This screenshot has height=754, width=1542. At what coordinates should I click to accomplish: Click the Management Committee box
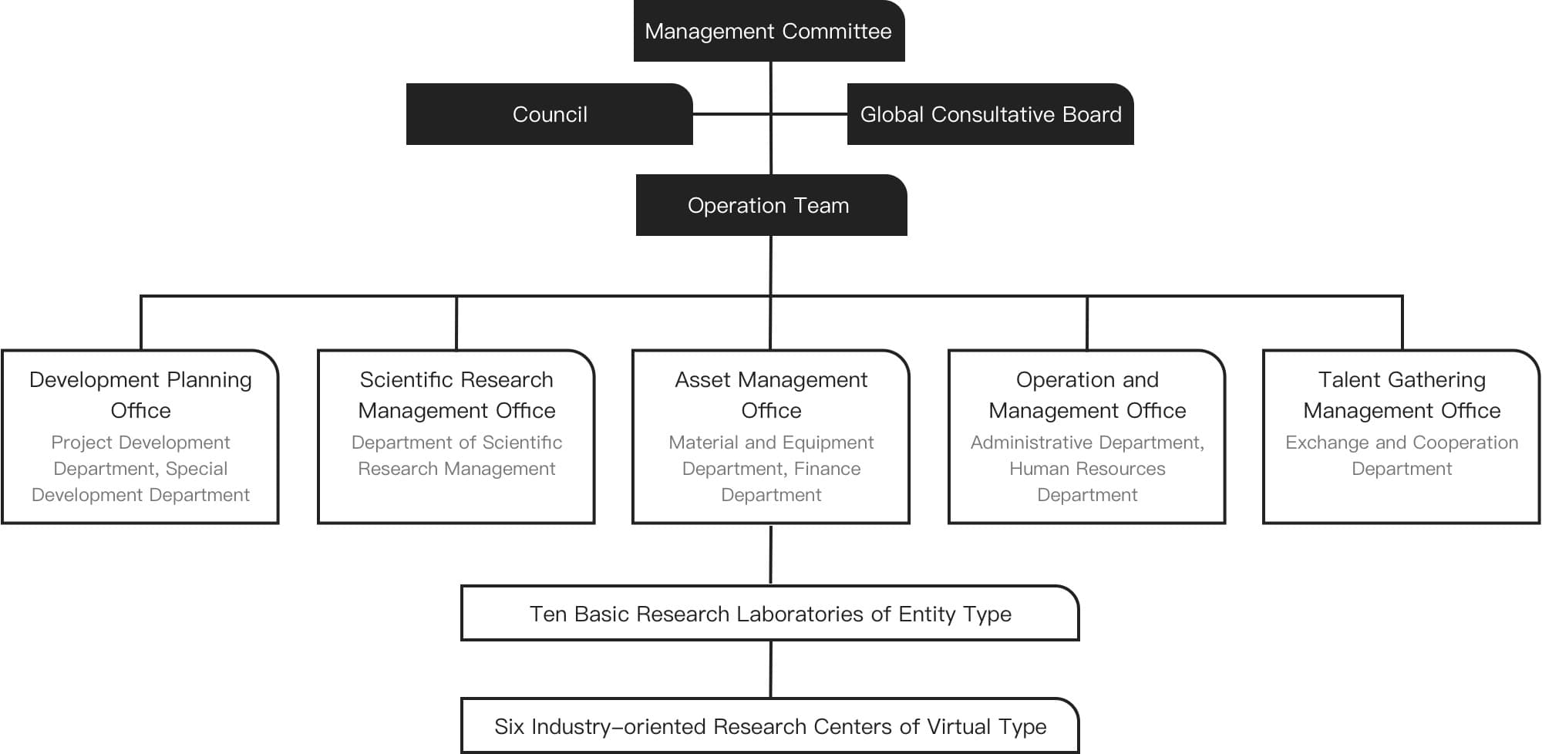(769, 31)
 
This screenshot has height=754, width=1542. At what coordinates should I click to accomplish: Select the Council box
(549, 114)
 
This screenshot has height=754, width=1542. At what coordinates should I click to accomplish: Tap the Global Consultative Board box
(990, 114)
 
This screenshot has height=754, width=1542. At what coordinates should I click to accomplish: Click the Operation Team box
(771, 205)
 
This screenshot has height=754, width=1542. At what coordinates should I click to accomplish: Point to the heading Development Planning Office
(140, 395)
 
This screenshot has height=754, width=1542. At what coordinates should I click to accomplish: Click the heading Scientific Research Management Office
(456, 395)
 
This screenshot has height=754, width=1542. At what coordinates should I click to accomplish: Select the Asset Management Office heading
(771, 395)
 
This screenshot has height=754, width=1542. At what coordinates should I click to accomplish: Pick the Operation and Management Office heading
(1087, 395)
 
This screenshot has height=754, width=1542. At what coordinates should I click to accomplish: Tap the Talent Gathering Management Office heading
(1402, 395)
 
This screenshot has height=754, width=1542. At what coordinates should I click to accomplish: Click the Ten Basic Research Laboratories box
(770, 613)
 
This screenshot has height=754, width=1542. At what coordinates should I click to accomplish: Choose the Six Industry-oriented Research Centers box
(770, 725)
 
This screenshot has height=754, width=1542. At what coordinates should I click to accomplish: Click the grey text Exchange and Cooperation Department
(1402, 456)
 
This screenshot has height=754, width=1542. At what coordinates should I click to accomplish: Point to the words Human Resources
(1087, 469)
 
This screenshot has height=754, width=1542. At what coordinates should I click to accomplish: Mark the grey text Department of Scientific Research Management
(456, 456)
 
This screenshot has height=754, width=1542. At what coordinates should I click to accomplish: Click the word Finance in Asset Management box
(827, 469)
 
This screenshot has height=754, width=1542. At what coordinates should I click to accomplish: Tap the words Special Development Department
(140, 482)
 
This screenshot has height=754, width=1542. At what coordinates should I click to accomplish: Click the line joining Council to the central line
(732, 114)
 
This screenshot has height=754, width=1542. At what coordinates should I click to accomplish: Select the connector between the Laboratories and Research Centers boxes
(770, 669)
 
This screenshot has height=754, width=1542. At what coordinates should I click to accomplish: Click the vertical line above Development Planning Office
(141, 323)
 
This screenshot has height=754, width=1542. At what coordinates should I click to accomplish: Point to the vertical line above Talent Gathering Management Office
(1402, 323)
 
